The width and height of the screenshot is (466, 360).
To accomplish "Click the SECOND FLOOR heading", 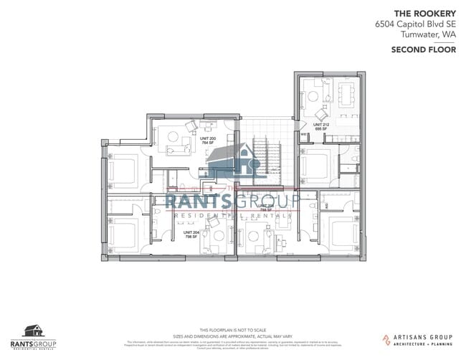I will (x=424, y=49).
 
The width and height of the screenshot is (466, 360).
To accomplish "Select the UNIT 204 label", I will (x=191, y=233).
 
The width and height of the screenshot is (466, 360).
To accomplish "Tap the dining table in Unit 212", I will (x=346, y=93).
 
